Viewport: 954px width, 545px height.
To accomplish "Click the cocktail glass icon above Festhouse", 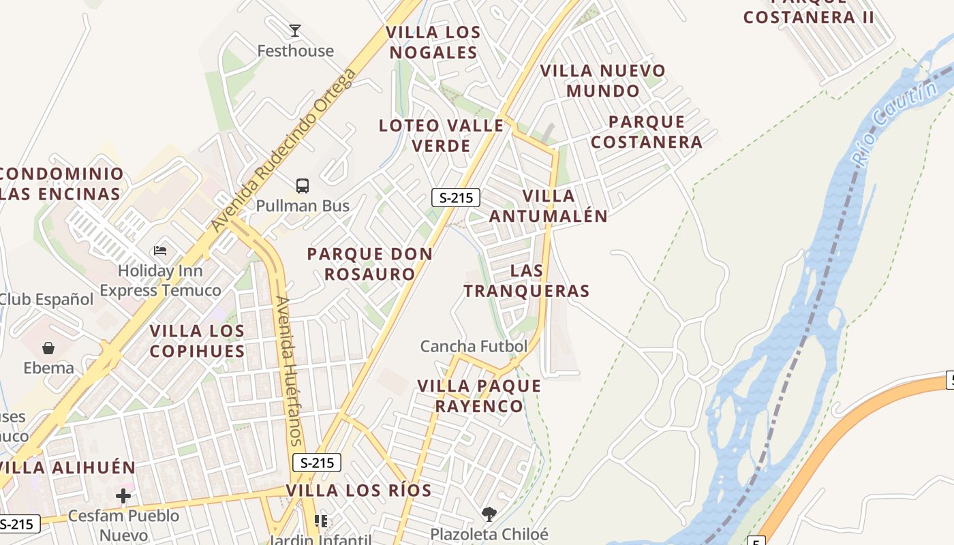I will pyautogui.click(x=295, y=31).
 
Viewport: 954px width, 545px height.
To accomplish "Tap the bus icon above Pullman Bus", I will pyautogui.click(x=303, y=185).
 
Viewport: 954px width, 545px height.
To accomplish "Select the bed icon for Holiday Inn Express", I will pyautogui.click(x=160, y=251).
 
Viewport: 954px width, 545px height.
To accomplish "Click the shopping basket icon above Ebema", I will pyautogui.click(x=48, y=348).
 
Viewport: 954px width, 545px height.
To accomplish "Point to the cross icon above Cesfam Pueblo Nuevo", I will pyautogui.click(x=123, y=496).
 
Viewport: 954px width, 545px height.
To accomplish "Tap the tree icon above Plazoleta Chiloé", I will pyautogui.click(x=489, y=514).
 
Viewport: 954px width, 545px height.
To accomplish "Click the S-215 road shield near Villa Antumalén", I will pyautogui.click(x=456, y=198).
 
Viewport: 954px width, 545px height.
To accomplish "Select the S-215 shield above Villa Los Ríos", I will pyautogui.click(x=317, y=463).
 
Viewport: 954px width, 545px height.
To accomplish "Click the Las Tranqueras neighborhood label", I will pyautogui.click(x=527, y=281).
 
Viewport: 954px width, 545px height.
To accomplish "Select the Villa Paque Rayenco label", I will pyautogui.click(x=479, y=396).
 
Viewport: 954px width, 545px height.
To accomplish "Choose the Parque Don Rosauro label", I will pyautogui.click(x=370, y=264).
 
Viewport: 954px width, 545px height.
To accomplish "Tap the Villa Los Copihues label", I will pyautogui.click(x=197, y=341).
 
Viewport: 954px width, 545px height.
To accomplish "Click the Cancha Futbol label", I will pyautogui.click(x=474, y=346).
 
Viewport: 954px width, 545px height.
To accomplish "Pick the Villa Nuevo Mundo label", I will pyautogui.click(x=603, y=80).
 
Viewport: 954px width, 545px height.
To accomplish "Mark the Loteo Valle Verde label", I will pyautogui.click(x=442, y=136).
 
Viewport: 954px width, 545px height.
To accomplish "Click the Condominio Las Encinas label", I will pyautogui.click(x=61, y=184).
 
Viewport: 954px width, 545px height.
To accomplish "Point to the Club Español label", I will pyautogui.click(x=46, y=299).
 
